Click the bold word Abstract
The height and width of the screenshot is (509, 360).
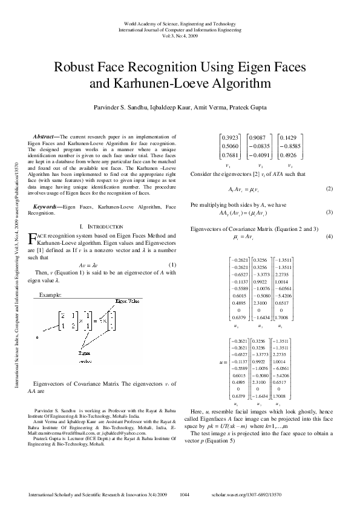46,137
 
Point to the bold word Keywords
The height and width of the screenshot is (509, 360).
48,207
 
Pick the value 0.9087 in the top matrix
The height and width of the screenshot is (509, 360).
258,137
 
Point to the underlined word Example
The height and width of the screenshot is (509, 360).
49,294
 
